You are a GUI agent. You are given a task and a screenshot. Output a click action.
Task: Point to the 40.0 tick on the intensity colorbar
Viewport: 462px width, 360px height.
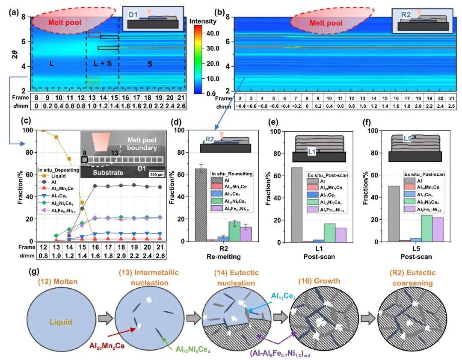(x=212, y=33)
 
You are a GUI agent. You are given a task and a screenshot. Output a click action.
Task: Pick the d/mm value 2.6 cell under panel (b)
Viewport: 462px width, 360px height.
(x=452, y=106)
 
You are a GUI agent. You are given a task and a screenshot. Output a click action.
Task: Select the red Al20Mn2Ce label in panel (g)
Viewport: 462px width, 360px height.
(x=110, y=345)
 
